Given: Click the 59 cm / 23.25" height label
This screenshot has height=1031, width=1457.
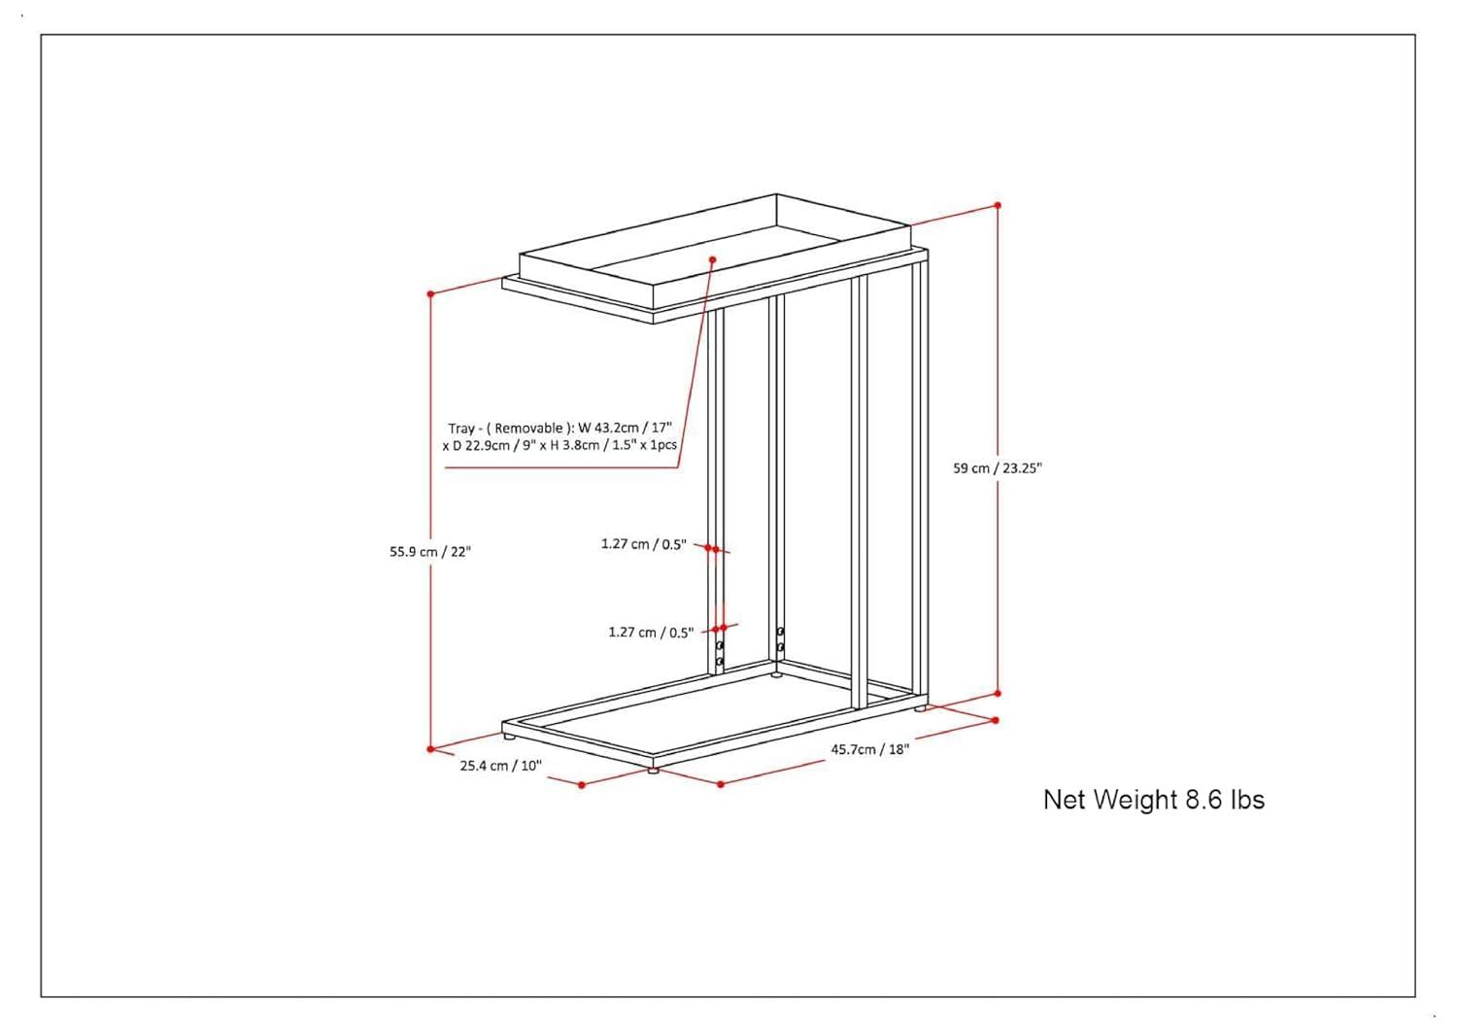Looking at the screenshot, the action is [998, 468].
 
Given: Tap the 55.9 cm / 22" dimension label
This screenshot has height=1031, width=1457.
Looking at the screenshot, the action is [430, 552].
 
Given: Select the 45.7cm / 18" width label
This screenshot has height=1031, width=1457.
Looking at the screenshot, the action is [869, 749].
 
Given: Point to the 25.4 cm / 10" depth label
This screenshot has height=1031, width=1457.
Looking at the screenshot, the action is [501, 766].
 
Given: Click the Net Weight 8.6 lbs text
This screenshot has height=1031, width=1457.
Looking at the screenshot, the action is [1154, 800].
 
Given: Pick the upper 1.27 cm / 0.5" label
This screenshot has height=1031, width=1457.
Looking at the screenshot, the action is [643, 544].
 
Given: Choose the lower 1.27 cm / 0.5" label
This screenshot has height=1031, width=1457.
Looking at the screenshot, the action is [651, 632].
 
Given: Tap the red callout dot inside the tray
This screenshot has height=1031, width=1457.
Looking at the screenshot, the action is [712, 259].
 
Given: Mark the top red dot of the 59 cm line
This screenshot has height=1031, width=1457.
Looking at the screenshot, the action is [998, 205].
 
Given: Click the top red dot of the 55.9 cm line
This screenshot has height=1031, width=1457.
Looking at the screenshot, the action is [430, 294].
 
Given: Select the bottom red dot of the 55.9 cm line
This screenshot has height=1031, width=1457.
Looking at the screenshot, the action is [430, 749].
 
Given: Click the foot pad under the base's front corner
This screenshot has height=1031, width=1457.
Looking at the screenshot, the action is [653, 771].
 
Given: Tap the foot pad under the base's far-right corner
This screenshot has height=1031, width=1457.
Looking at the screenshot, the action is [921, 708].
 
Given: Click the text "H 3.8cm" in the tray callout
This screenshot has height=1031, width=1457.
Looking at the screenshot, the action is [574, 446].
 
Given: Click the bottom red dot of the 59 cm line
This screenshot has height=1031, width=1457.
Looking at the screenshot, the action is [998, 694].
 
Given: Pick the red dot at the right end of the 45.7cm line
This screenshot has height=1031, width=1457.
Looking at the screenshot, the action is [995, 720].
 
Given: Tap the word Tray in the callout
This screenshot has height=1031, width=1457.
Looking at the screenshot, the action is [461, 429].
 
